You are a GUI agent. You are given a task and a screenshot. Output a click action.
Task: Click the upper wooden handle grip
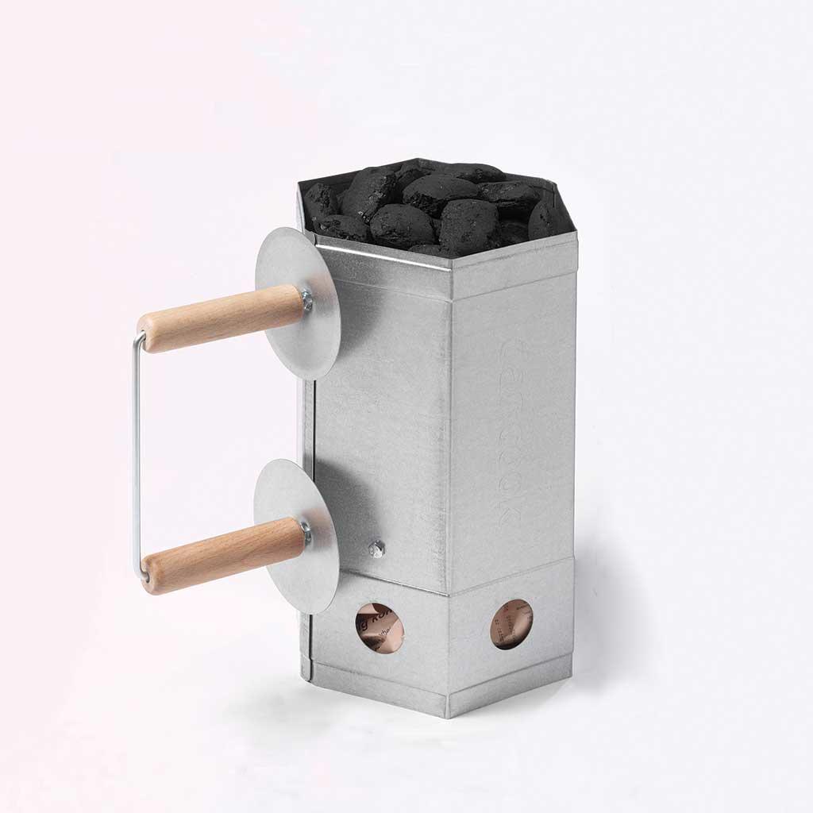222,318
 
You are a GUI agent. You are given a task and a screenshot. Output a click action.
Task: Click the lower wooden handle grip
222,554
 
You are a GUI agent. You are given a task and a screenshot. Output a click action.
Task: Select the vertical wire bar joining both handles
137,453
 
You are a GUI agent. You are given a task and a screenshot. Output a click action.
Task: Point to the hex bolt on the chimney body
376,547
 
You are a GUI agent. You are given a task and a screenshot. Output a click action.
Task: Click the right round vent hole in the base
511,623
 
